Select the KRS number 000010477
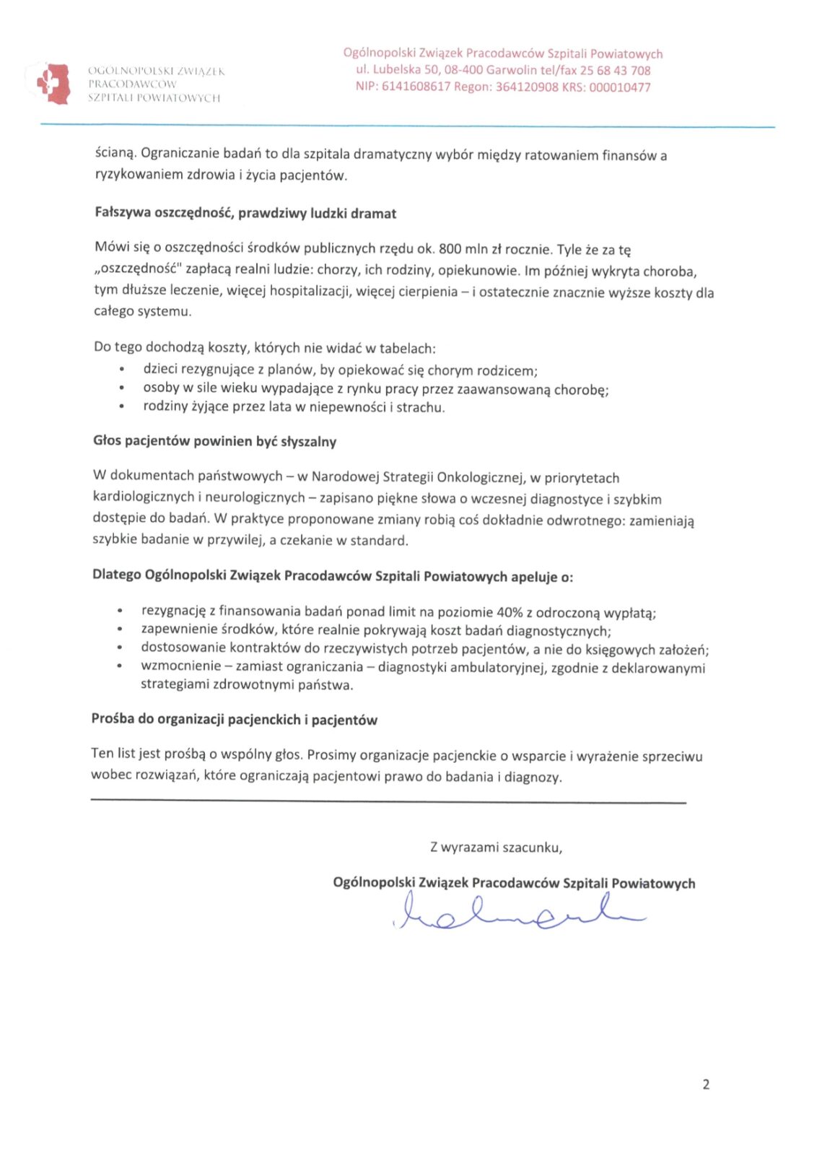(x=620, y=87)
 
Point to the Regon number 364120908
(x=527, y=87)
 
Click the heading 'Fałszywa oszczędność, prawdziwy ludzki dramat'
(x=245, y=213)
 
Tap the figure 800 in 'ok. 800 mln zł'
(x=450, y=249)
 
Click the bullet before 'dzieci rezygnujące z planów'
(x=121, y=370)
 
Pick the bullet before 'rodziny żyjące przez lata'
(x=121, y=407)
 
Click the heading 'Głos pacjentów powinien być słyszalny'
(x=214, y=441)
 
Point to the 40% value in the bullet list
(x=510, y=612)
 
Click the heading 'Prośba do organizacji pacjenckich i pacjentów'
(x=234, y=719)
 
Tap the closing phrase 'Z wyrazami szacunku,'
(x=496, y=847)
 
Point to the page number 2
(x=706, y=1084)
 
